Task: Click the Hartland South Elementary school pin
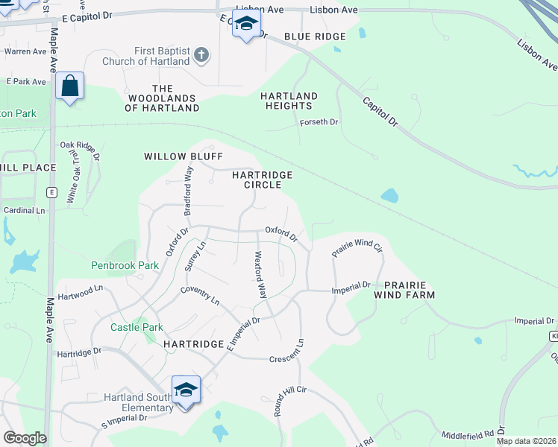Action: tap(186, 390)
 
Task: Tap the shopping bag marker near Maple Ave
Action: tap(69, 86)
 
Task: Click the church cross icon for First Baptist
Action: tap(201, 54)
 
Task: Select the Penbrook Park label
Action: tap(125, 265)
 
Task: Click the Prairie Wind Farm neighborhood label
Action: tap(409, 290)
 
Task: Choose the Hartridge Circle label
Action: tap(261, 180)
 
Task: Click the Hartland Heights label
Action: tap(289, 101)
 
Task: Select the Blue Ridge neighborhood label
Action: tap(315, 37)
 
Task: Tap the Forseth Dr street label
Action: tap(319, 122)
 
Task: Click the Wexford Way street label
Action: tap(261, 274)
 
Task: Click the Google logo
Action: tap(25, 438)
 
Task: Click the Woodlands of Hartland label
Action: tap(162, 98)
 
